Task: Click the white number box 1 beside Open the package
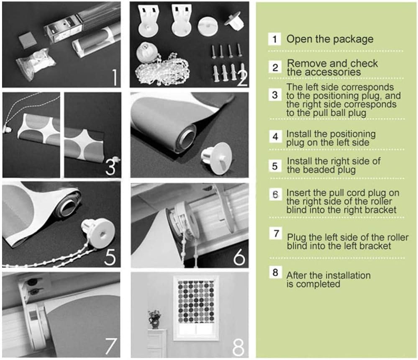[x=274, y=39]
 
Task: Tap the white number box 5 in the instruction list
[x=275, y=166]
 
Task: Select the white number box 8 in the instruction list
[x=275, y=272]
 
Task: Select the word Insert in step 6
[x=297, y=193]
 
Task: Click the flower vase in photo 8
[x=154, y=319]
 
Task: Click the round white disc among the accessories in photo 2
[x=208, y=26]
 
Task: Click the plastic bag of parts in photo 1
[x=36, y=64]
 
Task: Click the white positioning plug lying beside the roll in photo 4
[x=216, y=158]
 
